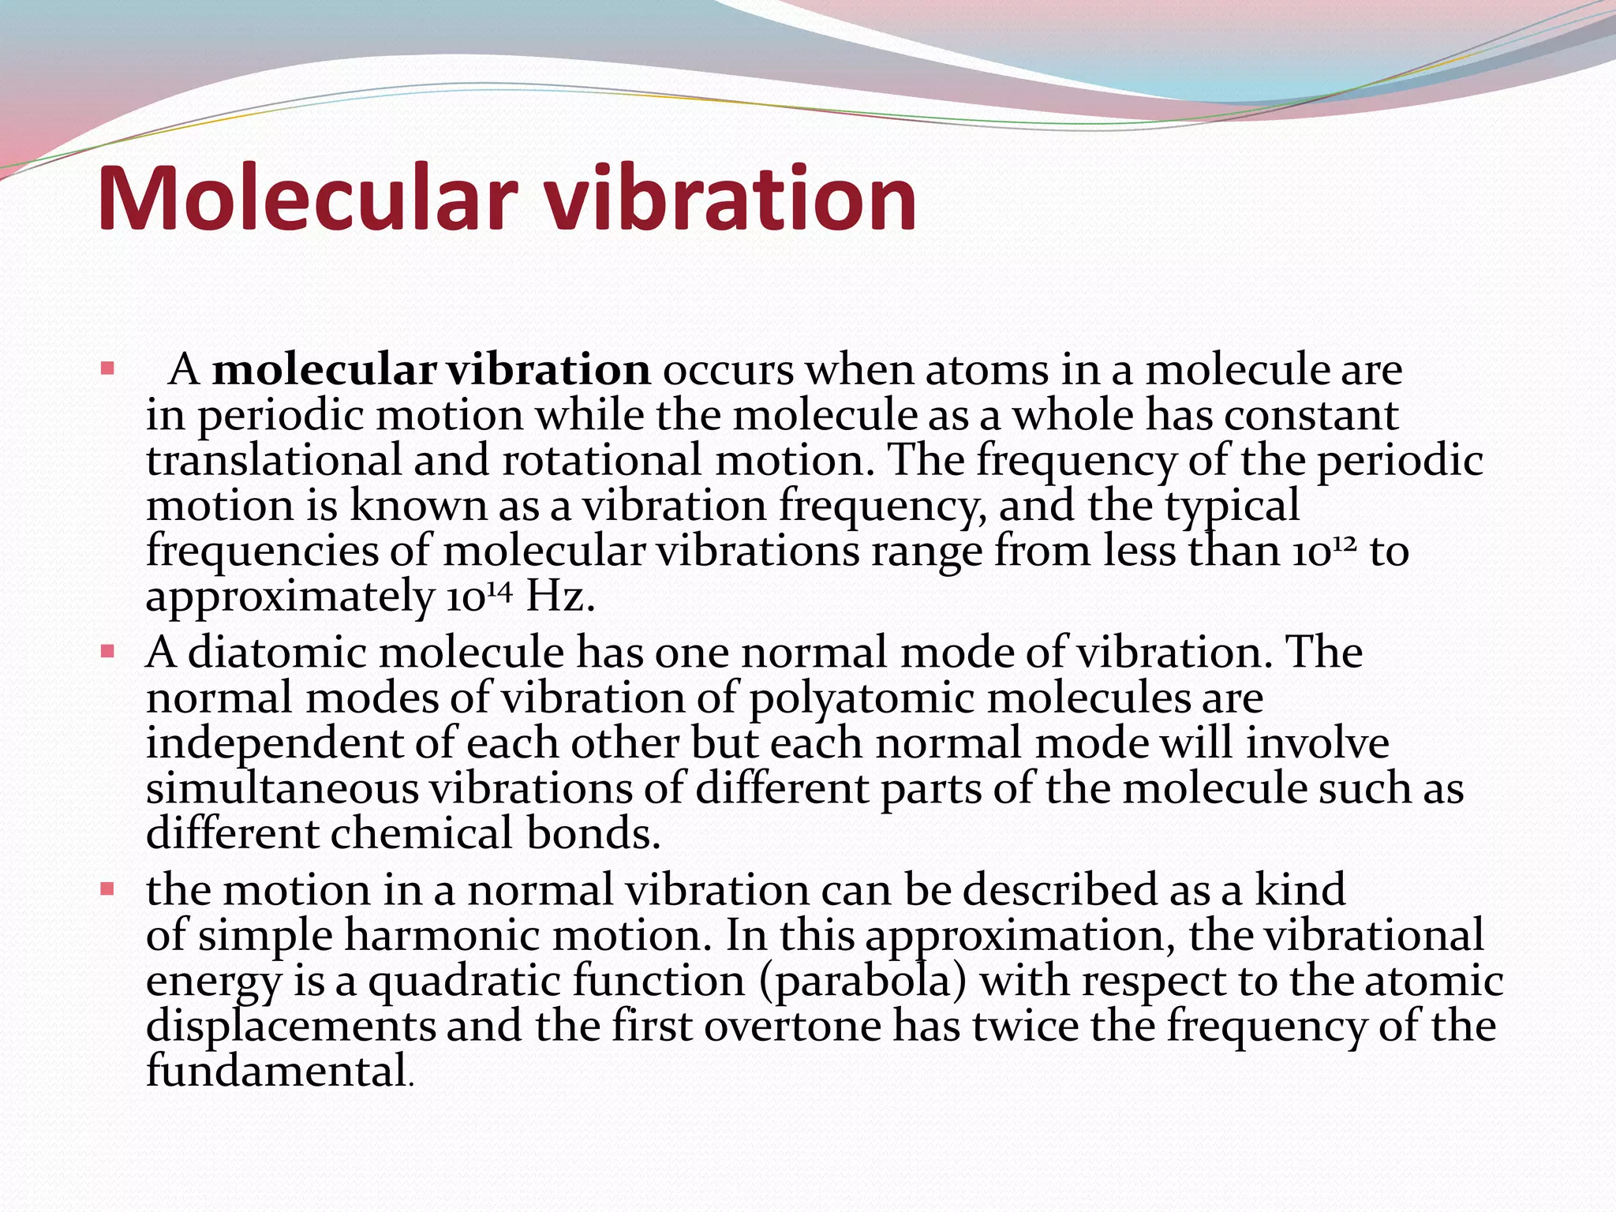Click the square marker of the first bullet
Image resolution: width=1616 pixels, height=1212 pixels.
point(108,368)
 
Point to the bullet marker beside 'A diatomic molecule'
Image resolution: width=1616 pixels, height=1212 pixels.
point(108,653)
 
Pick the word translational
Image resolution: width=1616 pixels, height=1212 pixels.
point(274,460)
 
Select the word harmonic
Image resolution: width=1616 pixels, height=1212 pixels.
point(442,936)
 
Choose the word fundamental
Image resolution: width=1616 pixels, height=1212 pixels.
point(277,1072)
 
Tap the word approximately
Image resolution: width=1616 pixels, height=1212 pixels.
point(290,597)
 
